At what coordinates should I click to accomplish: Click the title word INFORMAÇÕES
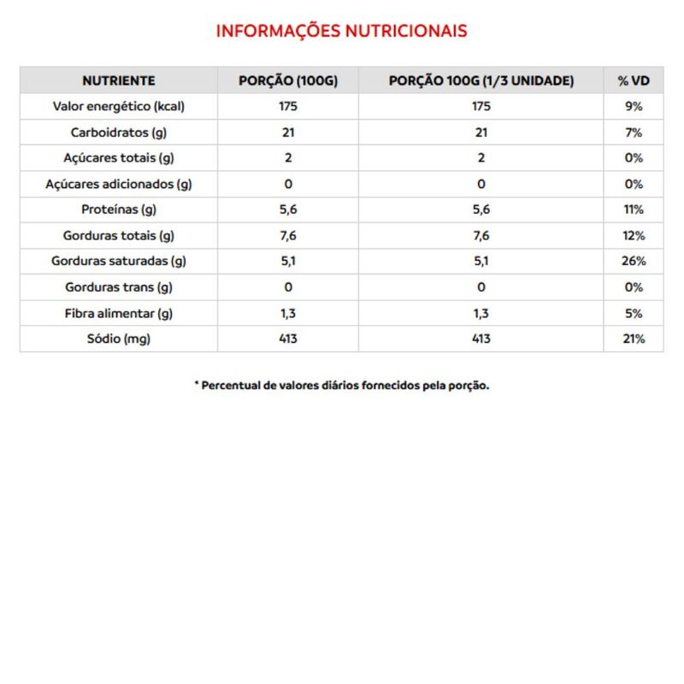[x=276, y=31]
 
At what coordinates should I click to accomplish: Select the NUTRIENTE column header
[x=119, y=81]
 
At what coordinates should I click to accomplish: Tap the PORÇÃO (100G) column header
[x=288, y=81]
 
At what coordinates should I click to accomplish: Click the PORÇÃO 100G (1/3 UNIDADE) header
[x=481, y=81]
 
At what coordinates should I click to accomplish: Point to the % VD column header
[x=634, y=81]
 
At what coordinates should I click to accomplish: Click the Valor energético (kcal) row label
[x=119, y=107]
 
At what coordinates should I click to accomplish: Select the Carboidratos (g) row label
[x=119, y=133]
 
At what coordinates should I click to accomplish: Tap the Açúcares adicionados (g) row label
[x=119, y=184]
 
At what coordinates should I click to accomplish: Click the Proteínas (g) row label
[x=119, y=209]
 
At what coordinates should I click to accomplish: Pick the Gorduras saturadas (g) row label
[x=119, y=261]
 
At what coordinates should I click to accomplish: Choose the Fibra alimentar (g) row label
[x=119, y=313]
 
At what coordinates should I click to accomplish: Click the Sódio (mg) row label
[x=119, y=339]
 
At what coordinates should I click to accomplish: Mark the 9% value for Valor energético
[x=634, y=107]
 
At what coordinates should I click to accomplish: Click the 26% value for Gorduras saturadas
[x=634, y=261]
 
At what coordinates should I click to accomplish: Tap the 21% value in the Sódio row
[x=634, y=339]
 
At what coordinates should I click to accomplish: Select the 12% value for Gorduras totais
[x=634, y=235]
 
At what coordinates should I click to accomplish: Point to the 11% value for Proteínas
[x=634, y=209]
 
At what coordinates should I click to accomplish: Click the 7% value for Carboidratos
[x=634, y=133]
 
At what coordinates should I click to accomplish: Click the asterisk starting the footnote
[x=197, y=384]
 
